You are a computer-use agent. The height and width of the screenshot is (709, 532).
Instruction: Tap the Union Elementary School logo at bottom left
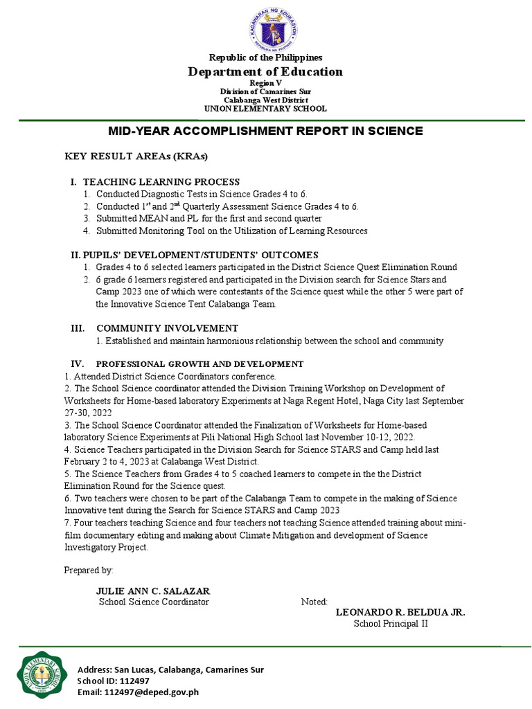coord(43,679)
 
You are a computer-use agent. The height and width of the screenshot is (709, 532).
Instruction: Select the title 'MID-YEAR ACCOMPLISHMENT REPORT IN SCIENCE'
coord(265,132)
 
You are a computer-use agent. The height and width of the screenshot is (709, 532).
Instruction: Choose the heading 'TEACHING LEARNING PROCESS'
coord(161,181)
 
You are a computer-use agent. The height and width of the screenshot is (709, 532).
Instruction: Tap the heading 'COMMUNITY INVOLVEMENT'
coord(167,328)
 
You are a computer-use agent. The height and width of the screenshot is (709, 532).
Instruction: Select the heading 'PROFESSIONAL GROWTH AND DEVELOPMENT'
coord(199,364)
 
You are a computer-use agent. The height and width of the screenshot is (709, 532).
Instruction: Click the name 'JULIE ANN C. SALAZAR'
coord(153,591)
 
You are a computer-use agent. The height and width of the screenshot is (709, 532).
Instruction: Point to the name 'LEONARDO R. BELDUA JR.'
coord(400,612)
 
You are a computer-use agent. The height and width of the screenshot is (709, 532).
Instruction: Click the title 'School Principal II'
coord(391,624)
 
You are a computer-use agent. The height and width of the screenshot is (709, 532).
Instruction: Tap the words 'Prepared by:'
coord(89,570)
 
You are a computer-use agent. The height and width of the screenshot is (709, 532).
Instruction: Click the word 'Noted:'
coord(314,602)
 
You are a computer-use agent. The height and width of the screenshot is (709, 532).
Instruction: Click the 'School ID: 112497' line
coord(114,681)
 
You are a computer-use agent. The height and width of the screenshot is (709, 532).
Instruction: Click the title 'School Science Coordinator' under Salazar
coord(154,602)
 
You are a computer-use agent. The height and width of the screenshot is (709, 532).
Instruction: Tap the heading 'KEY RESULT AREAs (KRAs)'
coord(136,155)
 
